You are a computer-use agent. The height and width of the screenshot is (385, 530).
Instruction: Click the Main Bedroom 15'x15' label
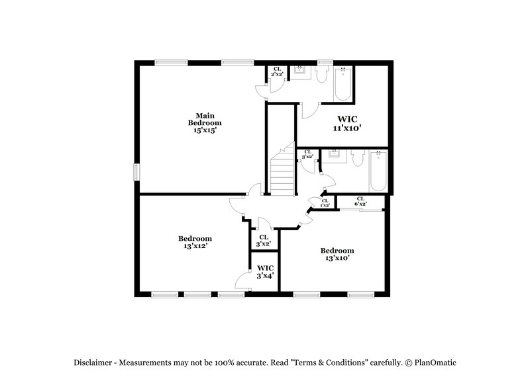pos(204,123)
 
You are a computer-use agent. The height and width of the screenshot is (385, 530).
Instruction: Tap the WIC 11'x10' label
pos(346,124)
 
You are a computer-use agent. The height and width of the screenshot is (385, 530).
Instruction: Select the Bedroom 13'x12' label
pos(195,242)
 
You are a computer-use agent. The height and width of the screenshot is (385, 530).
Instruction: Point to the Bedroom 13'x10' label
pos(337,254)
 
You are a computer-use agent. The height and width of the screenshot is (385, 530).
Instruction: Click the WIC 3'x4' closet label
pos(265,272)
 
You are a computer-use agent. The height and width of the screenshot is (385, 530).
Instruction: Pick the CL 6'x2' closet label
pos(360,202)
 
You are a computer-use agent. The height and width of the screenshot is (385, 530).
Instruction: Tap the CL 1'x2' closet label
pos(325,203)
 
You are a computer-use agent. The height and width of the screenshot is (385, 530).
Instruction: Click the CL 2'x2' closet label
pos(277,71)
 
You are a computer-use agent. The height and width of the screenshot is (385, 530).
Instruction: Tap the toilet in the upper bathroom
pos(323,76)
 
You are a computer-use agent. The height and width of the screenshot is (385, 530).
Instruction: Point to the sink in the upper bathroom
pos(303,71)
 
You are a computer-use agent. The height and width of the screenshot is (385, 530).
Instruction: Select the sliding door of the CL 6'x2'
pos(362,210)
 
